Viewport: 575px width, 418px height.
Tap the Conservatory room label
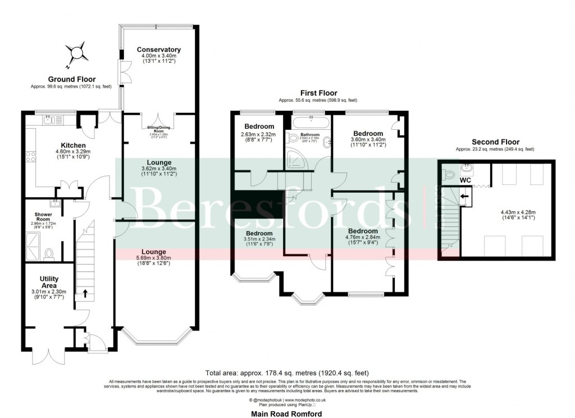click(x=159, y=49)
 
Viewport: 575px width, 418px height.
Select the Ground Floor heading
click(x=71, y=79)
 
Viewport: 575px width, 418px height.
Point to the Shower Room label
click(x=43, y=217)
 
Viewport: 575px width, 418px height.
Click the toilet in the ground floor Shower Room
click(x=48, y=254)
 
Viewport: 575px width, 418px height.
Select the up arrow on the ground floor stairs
click(x=85, y=293)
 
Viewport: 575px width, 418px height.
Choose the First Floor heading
click(x=318, y=93)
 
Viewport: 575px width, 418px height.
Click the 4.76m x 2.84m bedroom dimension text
click(x=363, y=238)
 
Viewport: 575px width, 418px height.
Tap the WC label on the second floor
click(x=465, y=181)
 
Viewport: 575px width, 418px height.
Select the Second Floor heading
click(x=495, y=142)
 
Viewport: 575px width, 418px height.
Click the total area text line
click(x=287, y=372)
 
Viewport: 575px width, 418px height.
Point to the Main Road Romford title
click(x=287, y=413)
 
